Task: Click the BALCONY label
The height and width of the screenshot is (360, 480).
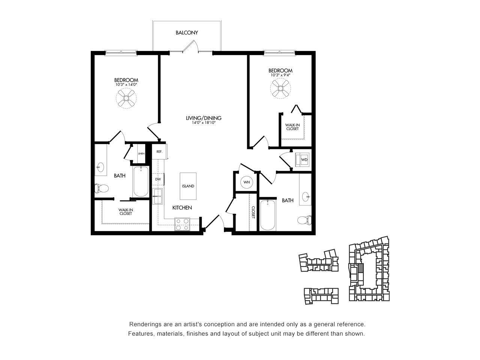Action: (x=187, y=33)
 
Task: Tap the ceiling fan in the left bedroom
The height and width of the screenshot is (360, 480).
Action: (x=126, y=98)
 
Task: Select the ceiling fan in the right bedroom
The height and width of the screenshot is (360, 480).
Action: (x=280, y=88)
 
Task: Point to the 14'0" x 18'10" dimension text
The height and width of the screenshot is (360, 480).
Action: (x=204, y=123)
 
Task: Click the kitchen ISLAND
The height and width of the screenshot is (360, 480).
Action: (x=188, y=186)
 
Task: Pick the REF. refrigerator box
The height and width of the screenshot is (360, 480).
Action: (x=160, y=151)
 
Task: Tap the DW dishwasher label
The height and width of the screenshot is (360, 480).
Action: (x=158, y=179)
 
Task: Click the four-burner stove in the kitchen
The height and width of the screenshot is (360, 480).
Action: (x=182, y=224)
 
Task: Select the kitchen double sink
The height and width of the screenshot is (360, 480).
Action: (x=157, y=196)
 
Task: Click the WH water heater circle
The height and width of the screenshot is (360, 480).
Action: (x=247, y=182)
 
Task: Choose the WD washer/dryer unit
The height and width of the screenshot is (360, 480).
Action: (x=302, y=160)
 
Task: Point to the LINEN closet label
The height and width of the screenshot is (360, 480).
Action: (x=141, y=154)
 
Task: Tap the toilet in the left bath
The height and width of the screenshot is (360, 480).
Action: (x=102, y=188)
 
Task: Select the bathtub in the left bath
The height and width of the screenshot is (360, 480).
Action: (x=141, y=181)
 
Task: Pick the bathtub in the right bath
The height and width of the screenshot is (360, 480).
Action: (x=268, y=215)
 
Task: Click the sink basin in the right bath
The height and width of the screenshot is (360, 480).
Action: (x=306, y=197)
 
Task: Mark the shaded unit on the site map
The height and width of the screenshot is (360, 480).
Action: (x=361, y=268)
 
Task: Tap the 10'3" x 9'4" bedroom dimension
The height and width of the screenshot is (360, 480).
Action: (x=280, y=75)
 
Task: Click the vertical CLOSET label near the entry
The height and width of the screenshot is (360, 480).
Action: (x=253, y=212)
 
